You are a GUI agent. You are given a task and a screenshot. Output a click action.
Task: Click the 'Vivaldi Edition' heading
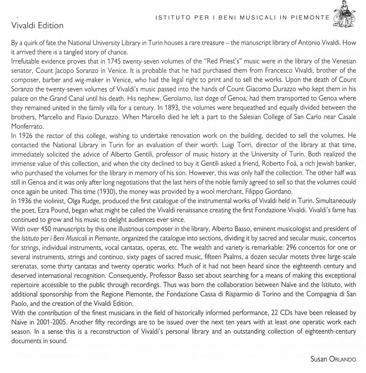[37, 25]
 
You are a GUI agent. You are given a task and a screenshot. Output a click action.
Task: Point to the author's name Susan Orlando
[333, 359]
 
